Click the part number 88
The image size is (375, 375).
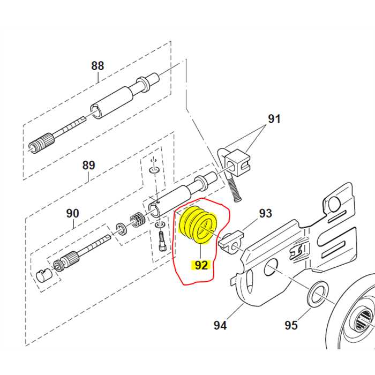click(x=97, y=66)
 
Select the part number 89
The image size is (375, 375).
click(x=88, y=165)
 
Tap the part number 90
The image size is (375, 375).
click(x=72, y=213)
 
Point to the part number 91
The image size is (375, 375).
click(x=274, y=119)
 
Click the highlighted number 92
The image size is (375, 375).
click(x=201, y=265)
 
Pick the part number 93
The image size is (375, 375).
click(x=266, y=213)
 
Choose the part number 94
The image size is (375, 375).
click(x=220, y=325)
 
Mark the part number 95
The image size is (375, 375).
click(x=291, y=325)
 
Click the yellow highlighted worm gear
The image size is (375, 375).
click(x=199, y=225)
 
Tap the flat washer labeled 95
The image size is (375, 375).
click(x=317, y=295)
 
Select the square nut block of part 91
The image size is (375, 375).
click(x=237, y=163)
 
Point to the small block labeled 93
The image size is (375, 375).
click(x=231, y=242)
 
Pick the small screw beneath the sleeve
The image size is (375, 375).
click(x=162, y=241)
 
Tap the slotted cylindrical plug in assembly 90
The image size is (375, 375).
click(x=43, y=275)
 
